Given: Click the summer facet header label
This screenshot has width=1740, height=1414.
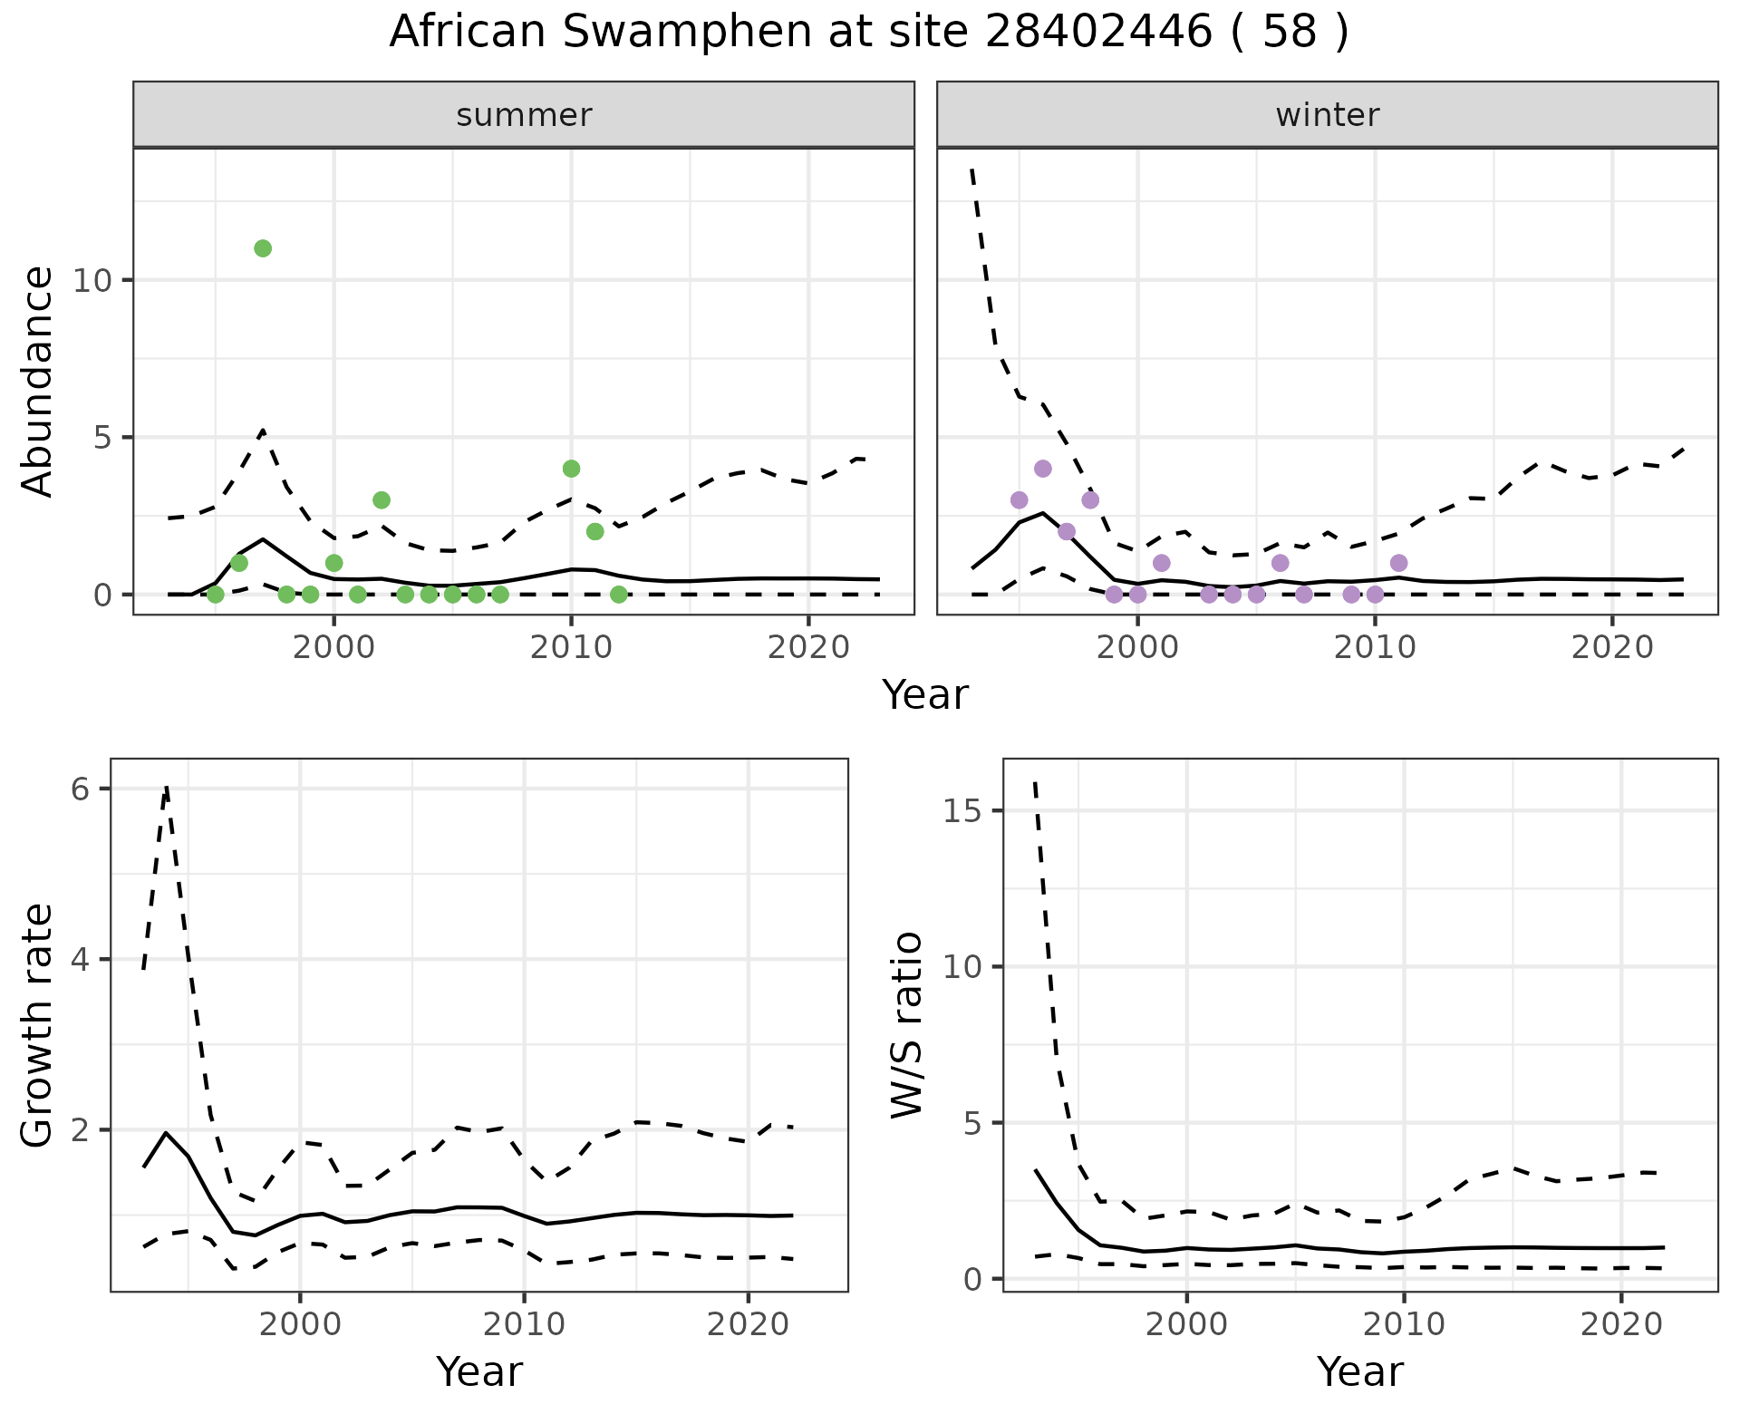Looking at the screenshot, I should pos(524,115).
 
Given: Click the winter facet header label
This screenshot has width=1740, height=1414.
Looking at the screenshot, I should pos(1327,115).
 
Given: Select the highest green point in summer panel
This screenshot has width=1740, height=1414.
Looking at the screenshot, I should pos(263,248).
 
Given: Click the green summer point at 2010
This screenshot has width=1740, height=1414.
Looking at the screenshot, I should pos(571,469).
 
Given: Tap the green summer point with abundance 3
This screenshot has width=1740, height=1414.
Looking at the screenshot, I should pos(382,500).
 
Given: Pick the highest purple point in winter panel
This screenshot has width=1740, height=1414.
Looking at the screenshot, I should pos(1043,469).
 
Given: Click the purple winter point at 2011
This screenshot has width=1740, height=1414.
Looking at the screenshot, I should pos(1398,563).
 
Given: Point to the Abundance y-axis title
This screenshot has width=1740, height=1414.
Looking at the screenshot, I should pos(38,381).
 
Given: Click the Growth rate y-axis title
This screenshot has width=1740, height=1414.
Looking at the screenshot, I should pos(38,1026).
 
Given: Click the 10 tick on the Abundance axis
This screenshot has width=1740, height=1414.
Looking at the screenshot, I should pos(91,280).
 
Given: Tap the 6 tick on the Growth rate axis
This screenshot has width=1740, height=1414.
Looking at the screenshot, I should pos(80,789).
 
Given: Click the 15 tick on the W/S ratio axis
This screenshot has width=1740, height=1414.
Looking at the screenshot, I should pos(962,810).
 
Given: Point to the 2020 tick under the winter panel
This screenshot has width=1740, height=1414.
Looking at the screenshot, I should pos(1612,648).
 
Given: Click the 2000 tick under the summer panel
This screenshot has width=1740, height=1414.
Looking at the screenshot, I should pos(333,648).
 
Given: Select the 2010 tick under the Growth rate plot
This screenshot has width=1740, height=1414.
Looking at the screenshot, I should pos(524,1324).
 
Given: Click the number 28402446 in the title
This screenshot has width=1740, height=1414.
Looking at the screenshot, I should pos(1097,33).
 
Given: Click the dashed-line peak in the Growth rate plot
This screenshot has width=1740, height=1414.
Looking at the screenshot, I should pos(167,787).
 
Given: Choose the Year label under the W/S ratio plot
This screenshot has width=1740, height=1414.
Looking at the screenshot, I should pos(1359,1371).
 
